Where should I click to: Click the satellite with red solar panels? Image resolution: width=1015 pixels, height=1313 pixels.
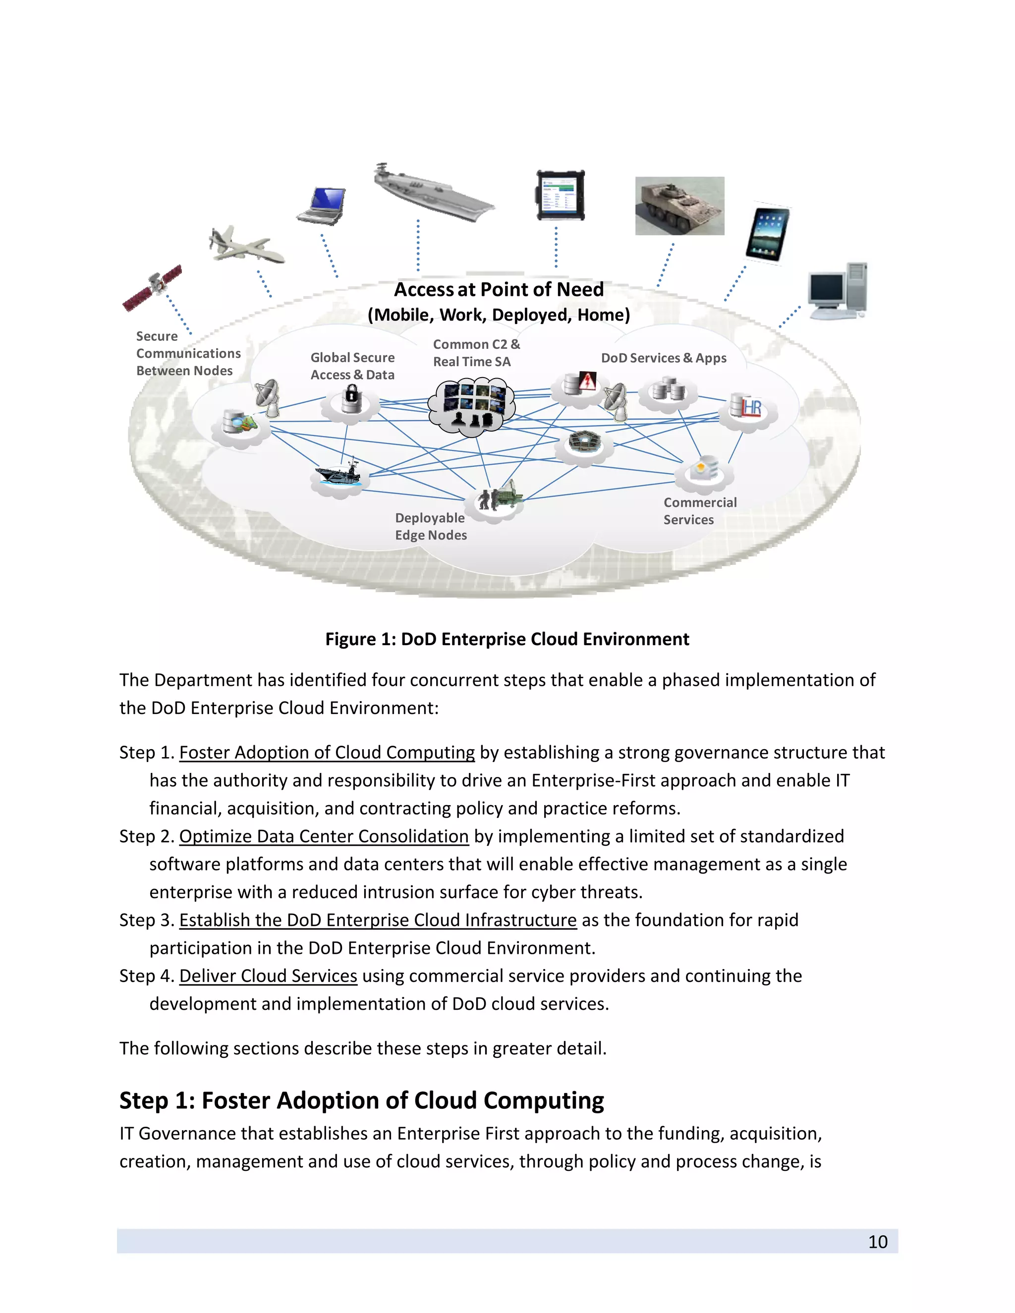tap(153, 287)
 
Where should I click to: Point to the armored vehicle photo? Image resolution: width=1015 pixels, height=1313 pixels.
tap(679, 206)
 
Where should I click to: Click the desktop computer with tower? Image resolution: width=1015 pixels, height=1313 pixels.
tap(838, 290)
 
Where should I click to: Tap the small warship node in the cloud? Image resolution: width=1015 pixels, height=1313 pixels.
tap(338, 475)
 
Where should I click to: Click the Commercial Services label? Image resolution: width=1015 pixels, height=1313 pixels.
tap(699, 511)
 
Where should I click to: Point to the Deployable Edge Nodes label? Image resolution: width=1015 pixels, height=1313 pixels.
tap(431, 526)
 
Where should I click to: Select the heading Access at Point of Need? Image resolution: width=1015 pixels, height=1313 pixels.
tap(499, 290)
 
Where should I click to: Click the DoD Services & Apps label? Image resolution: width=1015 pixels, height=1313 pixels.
tap(663, 358)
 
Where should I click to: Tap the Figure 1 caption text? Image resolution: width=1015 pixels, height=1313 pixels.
tap(507, 639)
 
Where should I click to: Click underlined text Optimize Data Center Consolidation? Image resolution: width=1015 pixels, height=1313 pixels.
tap(324, 836)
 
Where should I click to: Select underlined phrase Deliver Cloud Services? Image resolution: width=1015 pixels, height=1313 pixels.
tap(268, 976)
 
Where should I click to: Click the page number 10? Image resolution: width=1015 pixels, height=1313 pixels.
tap(877, 1242)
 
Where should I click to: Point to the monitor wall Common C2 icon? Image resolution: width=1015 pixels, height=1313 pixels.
tap(472, 404)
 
